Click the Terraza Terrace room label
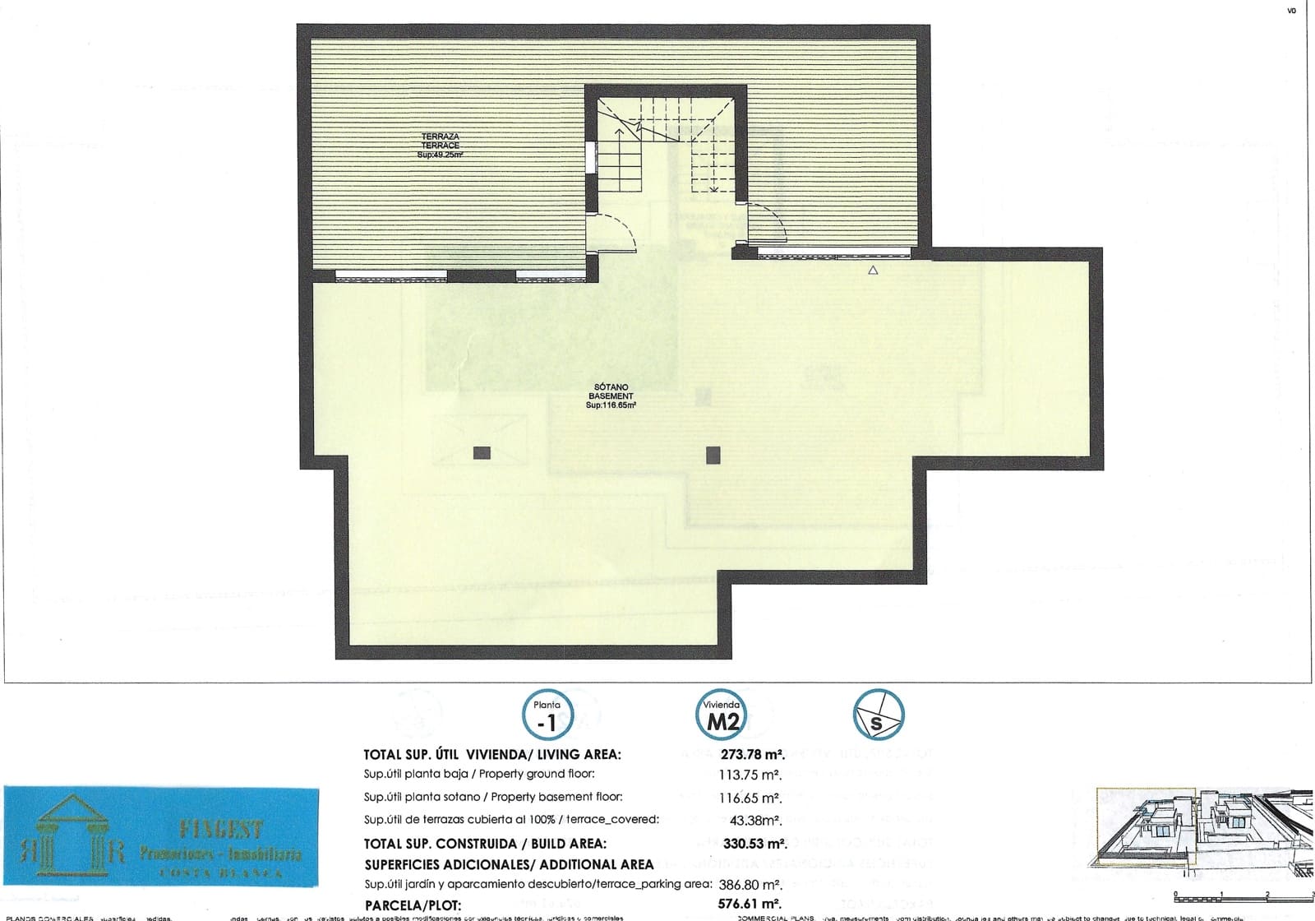pos(440,145)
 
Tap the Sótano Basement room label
pos(611,395)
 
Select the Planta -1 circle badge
pos(547,716)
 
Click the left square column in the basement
pos(482,452)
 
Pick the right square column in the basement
pos(713,454)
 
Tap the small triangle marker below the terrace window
pos(873,270)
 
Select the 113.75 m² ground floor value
pos(750,774)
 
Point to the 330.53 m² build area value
pos(754,843)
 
